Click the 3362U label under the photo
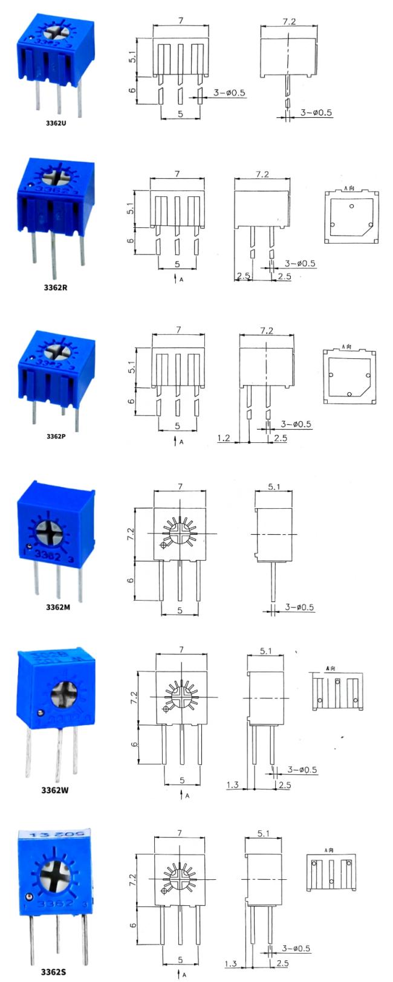point(56,123)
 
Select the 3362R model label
point(56,288)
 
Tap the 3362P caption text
point(56,435)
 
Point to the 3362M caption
point(58,607)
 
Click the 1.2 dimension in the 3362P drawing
point(224,438)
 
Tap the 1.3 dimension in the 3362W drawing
point(232,785)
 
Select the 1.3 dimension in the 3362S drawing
point(230,963)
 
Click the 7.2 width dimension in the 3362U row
point(289,21)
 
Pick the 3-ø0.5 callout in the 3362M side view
point(299,607)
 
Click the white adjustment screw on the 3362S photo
point(55,874)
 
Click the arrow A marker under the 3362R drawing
point(177,279)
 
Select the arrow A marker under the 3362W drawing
point(183,795)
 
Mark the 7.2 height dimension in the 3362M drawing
point(131,533)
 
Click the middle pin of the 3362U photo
point(59,98)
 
